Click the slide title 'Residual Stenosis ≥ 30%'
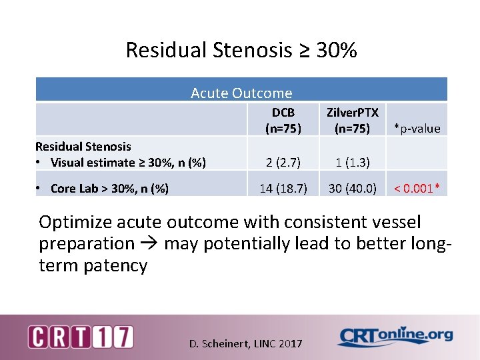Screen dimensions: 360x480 [241, 50]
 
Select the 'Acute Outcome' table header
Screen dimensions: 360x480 [241, 93]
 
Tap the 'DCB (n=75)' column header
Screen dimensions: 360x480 [283, 120]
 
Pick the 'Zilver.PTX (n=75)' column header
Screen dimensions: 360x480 [353, 120]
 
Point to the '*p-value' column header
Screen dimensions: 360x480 [417, 129]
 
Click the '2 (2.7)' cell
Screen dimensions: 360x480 [283, 162]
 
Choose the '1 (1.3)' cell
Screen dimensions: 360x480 [353, 162]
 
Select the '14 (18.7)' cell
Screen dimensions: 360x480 [283, 189]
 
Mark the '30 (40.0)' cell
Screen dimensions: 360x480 [353, 189]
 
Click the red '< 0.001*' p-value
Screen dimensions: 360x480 [417, 189]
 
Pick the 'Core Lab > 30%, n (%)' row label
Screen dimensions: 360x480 [109, 189]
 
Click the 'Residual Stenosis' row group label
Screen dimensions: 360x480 [83, 146]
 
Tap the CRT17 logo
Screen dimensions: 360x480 [80, 336]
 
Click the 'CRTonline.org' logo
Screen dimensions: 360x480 [395, 336]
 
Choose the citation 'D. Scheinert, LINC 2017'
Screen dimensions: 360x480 [245, 344]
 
